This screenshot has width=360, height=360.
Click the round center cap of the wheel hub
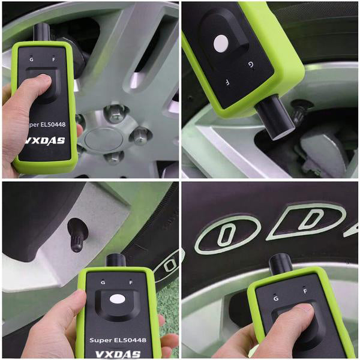[101, 140]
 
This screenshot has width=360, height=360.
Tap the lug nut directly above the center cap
[115, 113]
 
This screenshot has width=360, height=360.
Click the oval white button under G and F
[118, 299]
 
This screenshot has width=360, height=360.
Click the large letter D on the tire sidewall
[310, 220]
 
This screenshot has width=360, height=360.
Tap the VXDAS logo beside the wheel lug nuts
[45, 140]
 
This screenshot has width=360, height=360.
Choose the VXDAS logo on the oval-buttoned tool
[118, 354]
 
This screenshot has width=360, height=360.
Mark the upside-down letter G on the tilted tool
[251, 65]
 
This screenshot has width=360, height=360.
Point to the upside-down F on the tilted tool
[227, 82]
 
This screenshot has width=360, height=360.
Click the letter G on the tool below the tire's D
[276, 298]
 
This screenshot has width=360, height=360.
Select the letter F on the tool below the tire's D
[305, 292]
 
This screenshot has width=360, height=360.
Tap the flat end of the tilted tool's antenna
[282, 135]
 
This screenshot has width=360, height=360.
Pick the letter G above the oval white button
[103, 283]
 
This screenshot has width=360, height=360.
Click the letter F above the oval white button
[131, 283]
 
